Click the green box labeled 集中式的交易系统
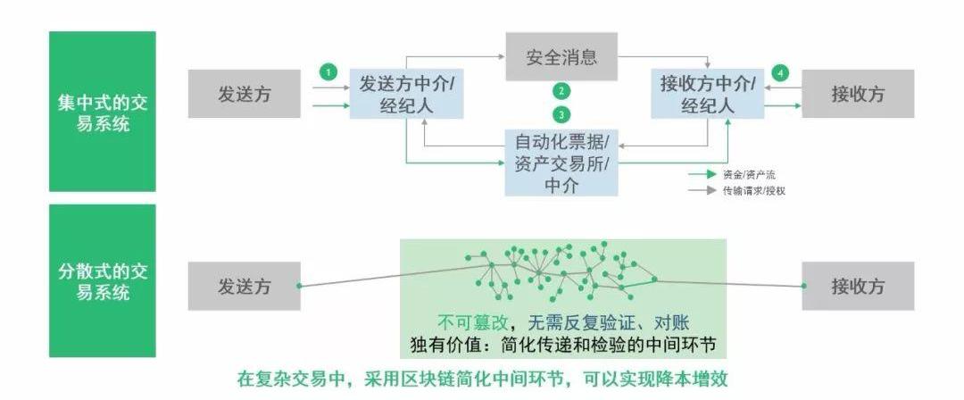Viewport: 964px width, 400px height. tap(102, 112)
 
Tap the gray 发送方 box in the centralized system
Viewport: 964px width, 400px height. tap(244, 94)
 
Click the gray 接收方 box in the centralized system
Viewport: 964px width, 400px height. tap(857, 94)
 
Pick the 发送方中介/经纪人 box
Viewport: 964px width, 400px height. tap(406, 93)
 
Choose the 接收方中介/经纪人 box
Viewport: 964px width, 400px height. tap(707, 93)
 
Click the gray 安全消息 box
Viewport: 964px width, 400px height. tap(561, 58)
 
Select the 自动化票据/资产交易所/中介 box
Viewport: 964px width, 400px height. tap(561, 162)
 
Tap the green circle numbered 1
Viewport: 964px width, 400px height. tap(329, 71)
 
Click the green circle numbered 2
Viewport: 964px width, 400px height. tap(561, 91)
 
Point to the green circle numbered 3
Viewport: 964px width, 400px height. tap(561, 114)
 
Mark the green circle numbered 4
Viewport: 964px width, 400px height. tap(782, 71)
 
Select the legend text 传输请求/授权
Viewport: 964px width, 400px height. tap(753, 190)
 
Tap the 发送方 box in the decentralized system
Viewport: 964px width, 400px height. tap(244, 286)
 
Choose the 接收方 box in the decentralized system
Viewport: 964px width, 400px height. tap(857, 286)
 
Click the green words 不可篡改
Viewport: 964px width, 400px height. tap(465, 323)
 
